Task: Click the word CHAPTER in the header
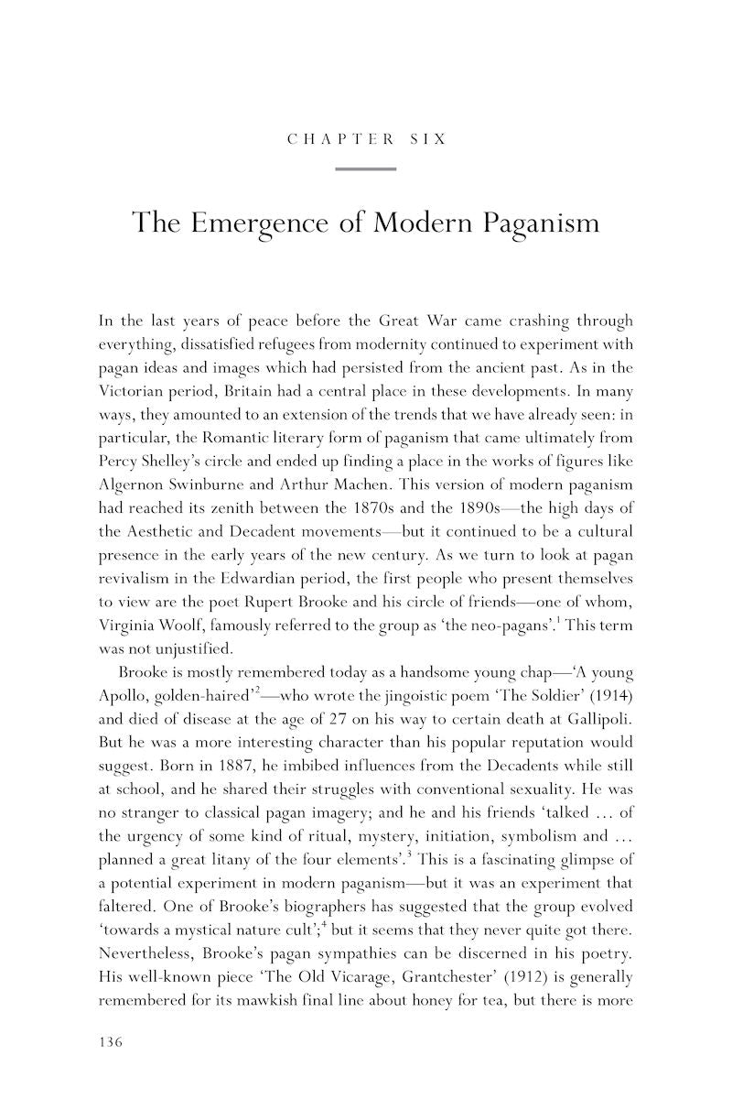pyautogui.click(x=341, y=140)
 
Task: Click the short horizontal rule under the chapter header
pyautogui.click(x=366, y=169)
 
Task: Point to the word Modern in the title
pyautogui.click(x=416, y=223)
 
